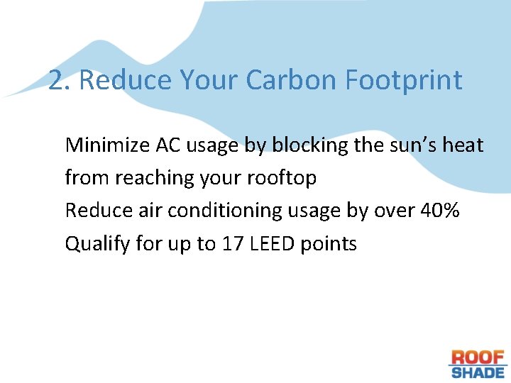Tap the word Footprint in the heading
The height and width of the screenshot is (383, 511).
(x=403, y=81)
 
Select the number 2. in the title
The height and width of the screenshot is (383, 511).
(x=60, y=81)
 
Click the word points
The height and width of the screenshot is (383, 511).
(x=329, y=244)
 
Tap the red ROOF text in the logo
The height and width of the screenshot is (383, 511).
(x=478, y=357)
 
